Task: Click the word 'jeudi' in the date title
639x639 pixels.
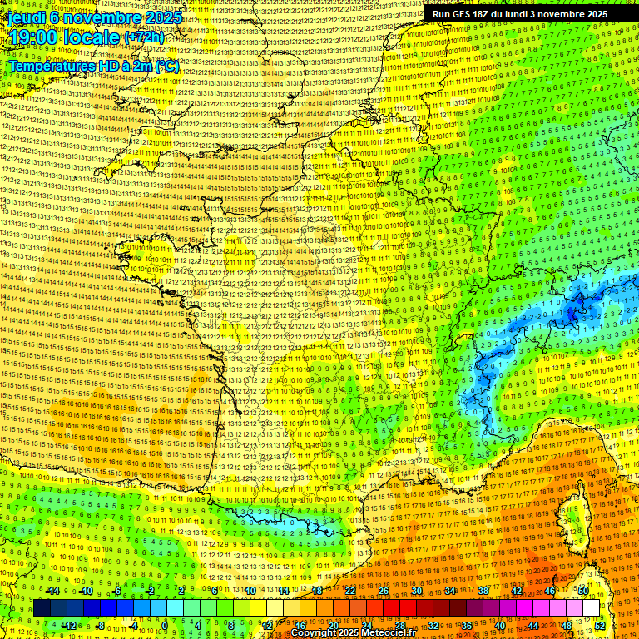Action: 26,17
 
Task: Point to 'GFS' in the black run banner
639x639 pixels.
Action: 463,14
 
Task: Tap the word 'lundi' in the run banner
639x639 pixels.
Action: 526,14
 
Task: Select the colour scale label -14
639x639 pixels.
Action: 52,591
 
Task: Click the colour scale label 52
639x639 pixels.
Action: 600,626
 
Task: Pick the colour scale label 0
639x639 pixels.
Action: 164,626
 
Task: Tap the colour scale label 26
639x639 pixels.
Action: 384,591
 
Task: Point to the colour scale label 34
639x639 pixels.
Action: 450,591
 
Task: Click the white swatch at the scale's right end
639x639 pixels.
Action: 591,608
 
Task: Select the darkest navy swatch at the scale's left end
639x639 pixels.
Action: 42,608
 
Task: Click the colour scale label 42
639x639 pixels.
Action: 517,591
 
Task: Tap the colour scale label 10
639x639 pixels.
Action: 250,591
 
